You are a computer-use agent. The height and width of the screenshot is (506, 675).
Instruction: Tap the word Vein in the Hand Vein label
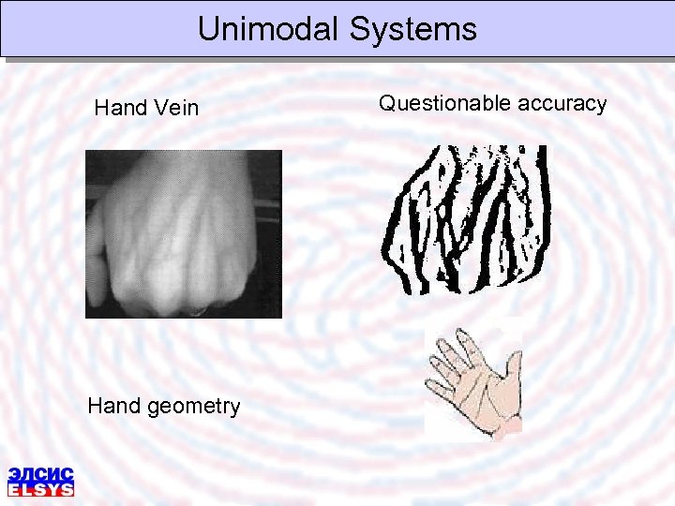pos(177,108)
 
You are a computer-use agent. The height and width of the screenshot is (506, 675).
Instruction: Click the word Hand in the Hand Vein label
pos(121,108)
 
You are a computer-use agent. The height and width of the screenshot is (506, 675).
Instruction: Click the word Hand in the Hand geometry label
pos(114,406)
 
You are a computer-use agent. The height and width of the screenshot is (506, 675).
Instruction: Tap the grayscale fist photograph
pos(183,234)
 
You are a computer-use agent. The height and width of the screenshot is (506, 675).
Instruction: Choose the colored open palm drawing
pos(473,385)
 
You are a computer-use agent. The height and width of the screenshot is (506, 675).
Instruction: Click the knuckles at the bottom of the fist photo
pos(183,302)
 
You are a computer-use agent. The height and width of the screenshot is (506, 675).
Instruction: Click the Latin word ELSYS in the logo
pos(40,488)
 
